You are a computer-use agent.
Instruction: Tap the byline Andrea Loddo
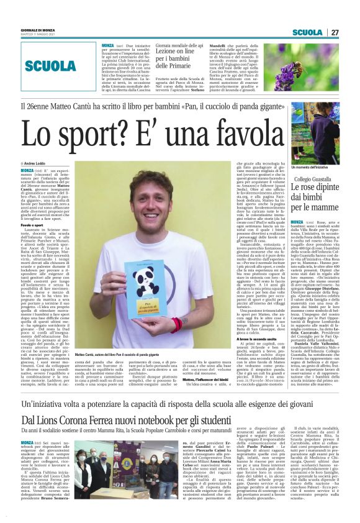point(38,163)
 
